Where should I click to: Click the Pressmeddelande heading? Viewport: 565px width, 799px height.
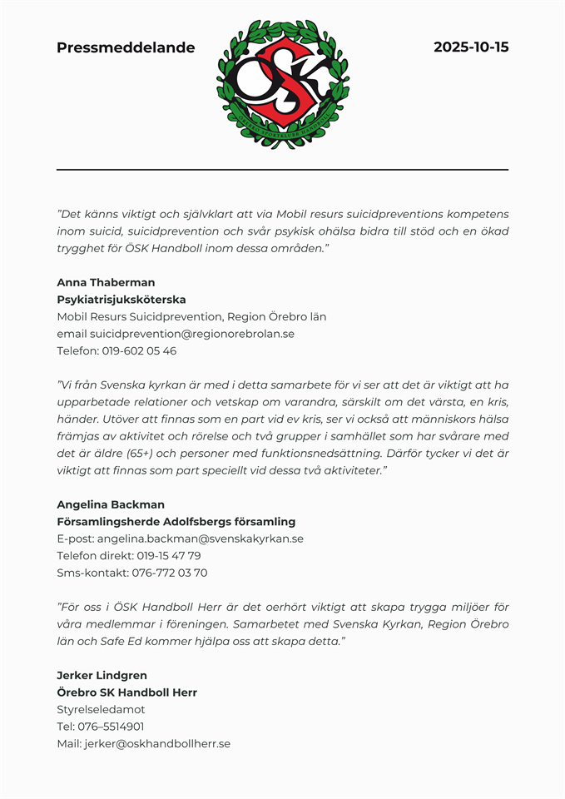click(126, 47)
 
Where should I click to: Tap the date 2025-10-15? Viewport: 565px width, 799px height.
click(470, 47)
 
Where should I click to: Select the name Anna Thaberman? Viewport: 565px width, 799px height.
click(106, 282)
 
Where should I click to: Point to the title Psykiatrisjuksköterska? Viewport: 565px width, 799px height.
click(121, 300)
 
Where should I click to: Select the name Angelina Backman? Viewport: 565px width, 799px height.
click(111, 504)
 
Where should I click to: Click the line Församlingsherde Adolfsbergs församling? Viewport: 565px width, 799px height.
click(176, 522)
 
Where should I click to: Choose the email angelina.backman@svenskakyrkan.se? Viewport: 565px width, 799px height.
click(200, 538)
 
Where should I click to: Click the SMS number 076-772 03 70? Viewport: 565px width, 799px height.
click(169, 573)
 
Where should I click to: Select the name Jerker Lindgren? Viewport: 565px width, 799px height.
click(102, 675)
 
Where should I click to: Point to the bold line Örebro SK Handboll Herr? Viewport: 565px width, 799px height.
click(126, 692)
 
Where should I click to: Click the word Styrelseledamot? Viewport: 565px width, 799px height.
click(101, 709)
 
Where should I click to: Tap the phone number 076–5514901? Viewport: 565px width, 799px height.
click(111, 727)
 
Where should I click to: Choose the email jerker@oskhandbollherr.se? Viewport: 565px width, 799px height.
click(156, 743)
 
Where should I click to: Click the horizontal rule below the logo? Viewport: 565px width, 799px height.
click(282, 170)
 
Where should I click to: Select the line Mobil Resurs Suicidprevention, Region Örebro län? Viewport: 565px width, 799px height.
click(191, 316)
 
